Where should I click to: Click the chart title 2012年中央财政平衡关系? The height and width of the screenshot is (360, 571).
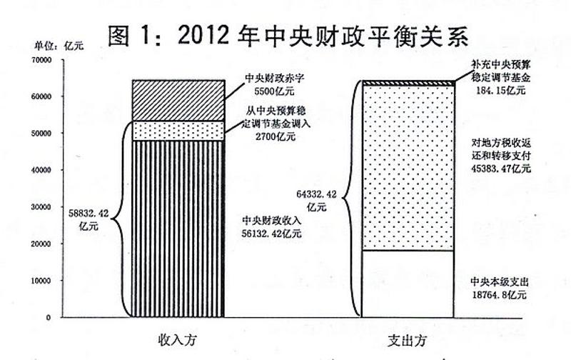point(288,36)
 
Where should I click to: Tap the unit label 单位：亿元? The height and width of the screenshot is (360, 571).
point(59,46)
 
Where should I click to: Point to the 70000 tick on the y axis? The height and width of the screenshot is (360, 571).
point(42,60)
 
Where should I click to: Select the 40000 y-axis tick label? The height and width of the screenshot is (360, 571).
point(42,170)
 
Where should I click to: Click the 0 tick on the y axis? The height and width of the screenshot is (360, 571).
point(49,317)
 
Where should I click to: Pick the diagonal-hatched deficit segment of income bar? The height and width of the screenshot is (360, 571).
point(178,101)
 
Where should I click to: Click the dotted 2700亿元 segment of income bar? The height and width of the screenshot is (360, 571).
point(178,131)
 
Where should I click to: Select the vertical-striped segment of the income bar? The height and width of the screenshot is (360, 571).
point(178,229)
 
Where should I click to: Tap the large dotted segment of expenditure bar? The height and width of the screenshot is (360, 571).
point(408,168)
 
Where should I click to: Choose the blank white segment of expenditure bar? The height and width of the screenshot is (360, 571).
point(408,284)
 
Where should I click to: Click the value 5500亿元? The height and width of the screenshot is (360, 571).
point(274,91)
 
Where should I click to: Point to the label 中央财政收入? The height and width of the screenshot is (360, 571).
point(272,221)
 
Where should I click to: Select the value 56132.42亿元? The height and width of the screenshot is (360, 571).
point(272,233)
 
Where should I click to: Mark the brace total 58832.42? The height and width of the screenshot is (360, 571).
point(89,214)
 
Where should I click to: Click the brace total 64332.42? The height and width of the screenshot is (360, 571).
point(316,194)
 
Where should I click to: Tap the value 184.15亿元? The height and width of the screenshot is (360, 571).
point(501,90)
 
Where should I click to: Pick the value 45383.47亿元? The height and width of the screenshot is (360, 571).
point(501,169)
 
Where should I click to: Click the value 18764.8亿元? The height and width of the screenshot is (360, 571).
point(499,294)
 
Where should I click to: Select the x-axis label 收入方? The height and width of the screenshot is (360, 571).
point(177,340)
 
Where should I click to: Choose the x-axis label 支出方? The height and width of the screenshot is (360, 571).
point(407,341)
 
